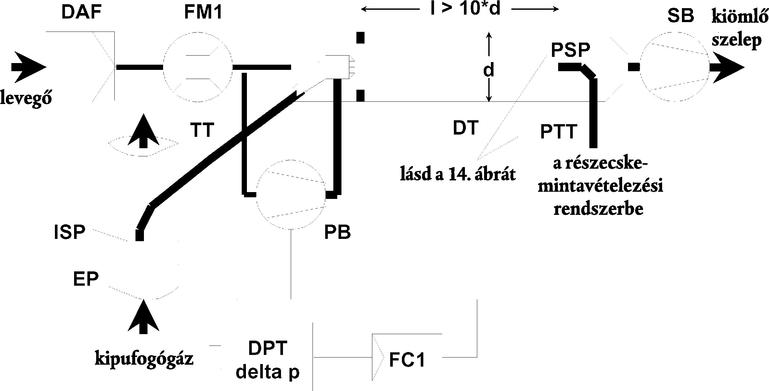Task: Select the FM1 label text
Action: pos(203,13)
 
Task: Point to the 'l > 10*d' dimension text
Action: pos(465,10)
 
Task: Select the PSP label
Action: pos(570,50)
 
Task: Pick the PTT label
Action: pos(558,132)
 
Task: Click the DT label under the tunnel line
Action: pos(466,128)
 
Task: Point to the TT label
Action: pos(202,130)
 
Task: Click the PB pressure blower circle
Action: pos(291,194)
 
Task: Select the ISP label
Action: pos(70,232)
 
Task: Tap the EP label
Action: pos(85,279)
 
